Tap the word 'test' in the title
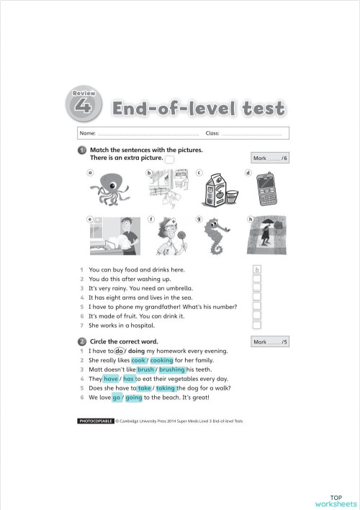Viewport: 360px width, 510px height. pos(258,109)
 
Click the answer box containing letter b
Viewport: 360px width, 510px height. pos(256,269)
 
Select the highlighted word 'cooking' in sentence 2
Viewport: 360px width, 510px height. pos(161,359)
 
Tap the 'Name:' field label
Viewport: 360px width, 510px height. pos(87,133)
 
